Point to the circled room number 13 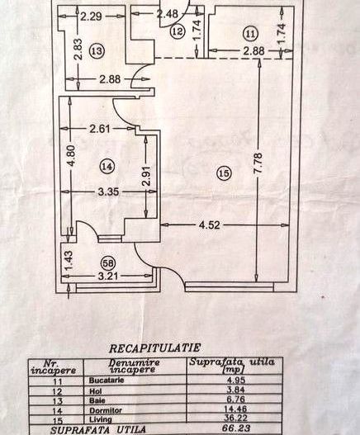click(x=97, y=50)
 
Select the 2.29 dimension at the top click(x=91, y=14)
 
